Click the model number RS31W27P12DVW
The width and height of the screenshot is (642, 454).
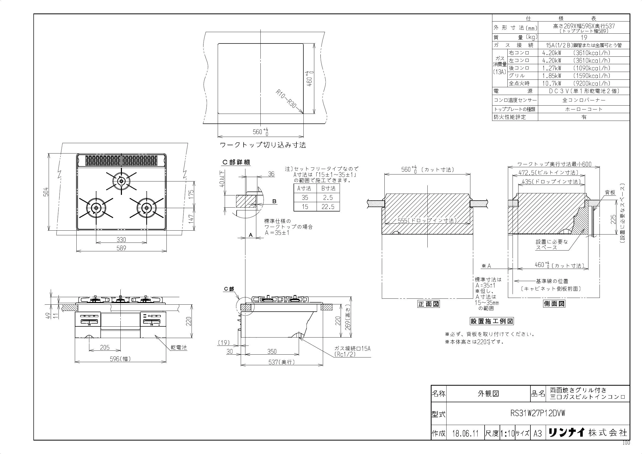(x=537, y=413)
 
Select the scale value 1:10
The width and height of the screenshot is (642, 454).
(x=507, y=433)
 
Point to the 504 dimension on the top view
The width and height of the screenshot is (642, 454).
(x=46, y=192)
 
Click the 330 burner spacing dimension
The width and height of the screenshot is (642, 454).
(x=121, y=240)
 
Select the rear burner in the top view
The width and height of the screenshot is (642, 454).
(x=121, y=181)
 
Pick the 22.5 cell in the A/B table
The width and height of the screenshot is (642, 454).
(x=328, y=207)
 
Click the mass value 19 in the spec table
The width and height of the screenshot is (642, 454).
(x=584, y=38)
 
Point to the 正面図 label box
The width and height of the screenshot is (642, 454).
(x=429, y=304)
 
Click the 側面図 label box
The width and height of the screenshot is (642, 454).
(x=554, y=304)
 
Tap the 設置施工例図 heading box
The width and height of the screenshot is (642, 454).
(x=492, y=321)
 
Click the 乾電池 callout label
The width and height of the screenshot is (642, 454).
(x=179, y=348)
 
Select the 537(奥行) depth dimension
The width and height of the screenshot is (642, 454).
(x=282, y=362)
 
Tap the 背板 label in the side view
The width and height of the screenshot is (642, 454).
(x=610, y=192)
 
